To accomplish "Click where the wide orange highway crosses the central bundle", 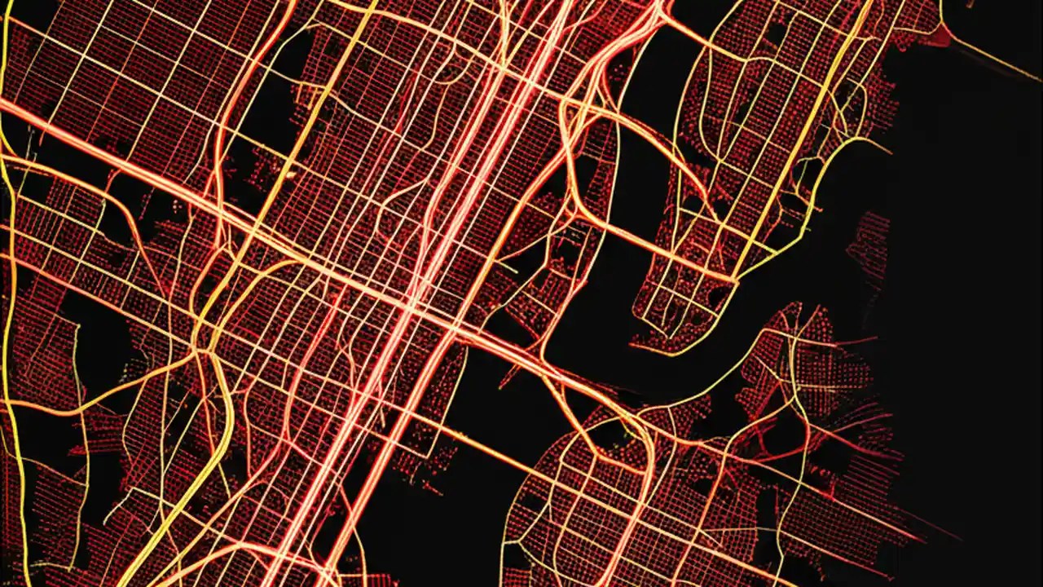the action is [x=416, y=306].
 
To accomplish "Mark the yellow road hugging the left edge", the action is [x=10, y=326].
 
